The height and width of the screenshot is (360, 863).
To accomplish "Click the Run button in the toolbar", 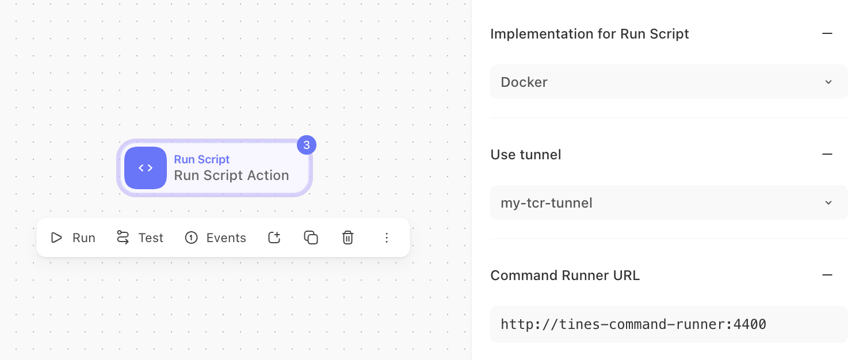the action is [73, 238].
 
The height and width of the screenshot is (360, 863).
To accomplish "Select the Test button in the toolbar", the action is [140, 238].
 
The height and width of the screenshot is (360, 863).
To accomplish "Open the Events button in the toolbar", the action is [215, 238].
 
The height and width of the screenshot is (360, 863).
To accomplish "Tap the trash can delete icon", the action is [348, 238].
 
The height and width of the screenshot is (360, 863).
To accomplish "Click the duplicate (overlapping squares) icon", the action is [311, 238].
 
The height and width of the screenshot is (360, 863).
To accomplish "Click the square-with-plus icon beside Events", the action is [274, 238].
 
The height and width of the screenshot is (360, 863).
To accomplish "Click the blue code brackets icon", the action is [146, 168].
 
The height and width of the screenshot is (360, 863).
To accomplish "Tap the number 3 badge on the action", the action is [307, 145].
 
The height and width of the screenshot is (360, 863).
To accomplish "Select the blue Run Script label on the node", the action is [201, 159].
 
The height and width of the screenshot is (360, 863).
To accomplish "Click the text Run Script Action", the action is [231, 175].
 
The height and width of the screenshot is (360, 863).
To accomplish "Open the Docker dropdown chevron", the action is [828, 82].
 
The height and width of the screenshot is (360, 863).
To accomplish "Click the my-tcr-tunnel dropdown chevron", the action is [828, 203].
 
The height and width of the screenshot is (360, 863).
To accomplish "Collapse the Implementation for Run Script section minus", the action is [827, 33].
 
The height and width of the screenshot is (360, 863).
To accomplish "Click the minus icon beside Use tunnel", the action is [827, 154].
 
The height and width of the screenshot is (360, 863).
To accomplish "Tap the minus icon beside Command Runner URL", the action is [827, 275].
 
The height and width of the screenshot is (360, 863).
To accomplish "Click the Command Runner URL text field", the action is [669, 324].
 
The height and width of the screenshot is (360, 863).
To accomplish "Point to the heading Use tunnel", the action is [525, 154].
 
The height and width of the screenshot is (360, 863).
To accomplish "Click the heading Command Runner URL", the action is [565, 275].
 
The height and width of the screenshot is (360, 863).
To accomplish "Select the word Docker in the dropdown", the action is [524, 82].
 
